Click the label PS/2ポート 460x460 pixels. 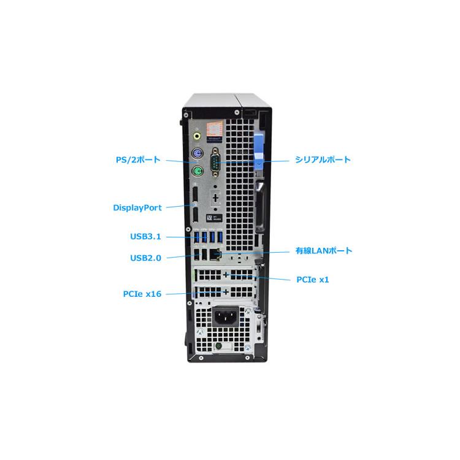[x=138, y=159]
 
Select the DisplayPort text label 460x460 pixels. [x=137, y=207]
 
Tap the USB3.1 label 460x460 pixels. [x=145, y=236]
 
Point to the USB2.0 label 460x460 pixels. [x=145, y=258]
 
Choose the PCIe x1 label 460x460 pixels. [x=313, y=279]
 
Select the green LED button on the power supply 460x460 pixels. [x=219, y=346]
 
